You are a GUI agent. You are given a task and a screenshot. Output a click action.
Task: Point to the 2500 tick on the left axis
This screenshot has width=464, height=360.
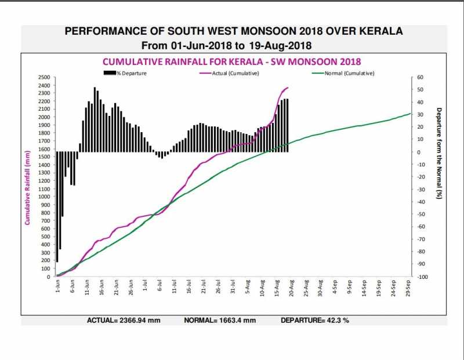pyautogui.click(x=44, y=77)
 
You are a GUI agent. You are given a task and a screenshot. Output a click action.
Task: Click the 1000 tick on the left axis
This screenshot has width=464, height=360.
pyautogui.click(x=44, y=197)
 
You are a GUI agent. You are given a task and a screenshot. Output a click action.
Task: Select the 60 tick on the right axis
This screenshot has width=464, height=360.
pyautogui.click(x=420, y=77)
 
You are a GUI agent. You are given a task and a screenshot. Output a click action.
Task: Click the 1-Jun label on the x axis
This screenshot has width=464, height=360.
pyautogui.click(x=57, y=286)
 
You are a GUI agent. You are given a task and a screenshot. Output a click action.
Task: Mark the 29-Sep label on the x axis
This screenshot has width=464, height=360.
pyautogui.click(x=409, y=288)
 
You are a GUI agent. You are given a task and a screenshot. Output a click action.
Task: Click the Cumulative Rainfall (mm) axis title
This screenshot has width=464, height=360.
pyautogui.click(x=27, y=187)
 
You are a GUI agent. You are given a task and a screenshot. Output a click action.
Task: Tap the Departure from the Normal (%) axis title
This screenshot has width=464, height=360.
pyautogui.click(x=439, y=154)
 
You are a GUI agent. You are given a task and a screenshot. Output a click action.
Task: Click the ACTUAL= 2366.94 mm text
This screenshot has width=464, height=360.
pyautogui.click(x=124, y=320)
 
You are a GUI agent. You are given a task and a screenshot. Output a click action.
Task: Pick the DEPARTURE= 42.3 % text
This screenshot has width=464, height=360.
pyautogui.click(x=315, y=320)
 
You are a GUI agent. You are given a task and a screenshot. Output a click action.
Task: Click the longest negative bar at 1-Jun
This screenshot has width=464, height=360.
pyautogui.click(x=57, y=206)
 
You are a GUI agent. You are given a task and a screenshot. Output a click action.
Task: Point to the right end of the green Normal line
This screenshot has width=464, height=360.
pyautogui.click(x=410, y=114)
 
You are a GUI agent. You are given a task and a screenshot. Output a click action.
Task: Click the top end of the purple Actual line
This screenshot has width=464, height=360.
pyautogui.click(x=288, y=88)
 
